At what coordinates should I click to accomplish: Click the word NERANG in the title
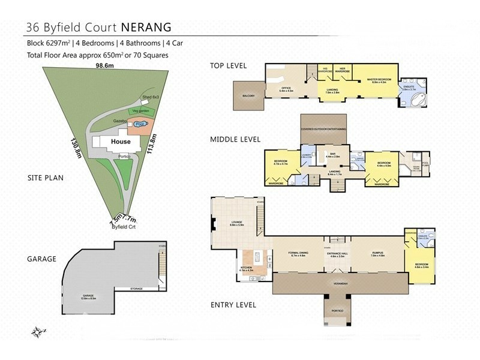(x=148, y=27)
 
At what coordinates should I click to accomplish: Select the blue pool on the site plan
(x=140, y=124)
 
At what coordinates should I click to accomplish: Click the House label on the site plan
(x=120, y=142)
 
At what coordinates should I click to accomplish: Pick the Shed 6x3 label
(x=151, y=97)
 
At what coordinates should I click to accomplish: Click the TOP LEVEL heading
(x=227, y=65)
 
